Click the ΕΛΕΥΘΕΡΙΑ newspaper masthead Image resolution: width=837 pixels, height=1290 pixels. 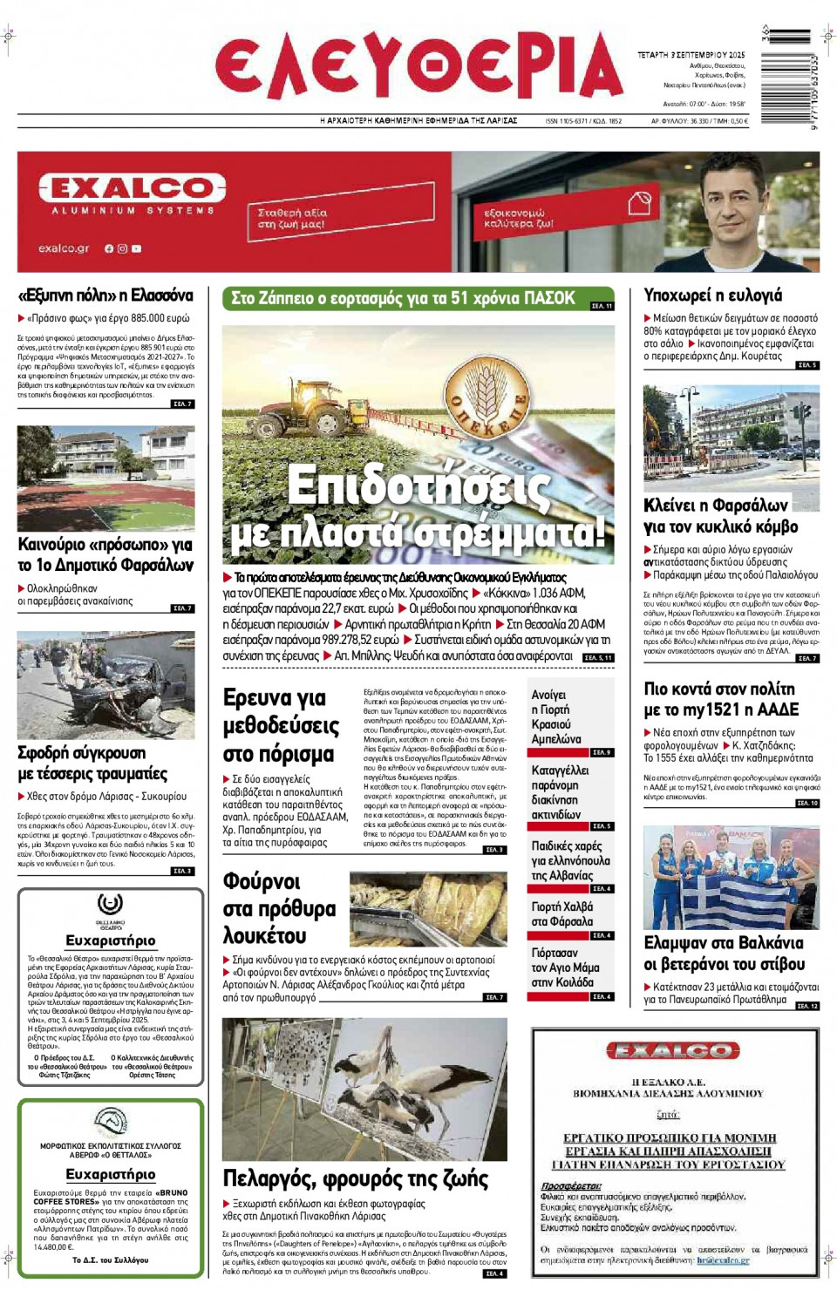coord(418,68)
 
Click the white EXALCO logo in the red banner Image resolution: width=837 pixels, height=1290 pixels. coord(132,188)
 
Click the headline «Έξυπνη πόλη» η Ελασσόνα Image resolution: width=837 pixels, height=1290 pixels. coord(105,295)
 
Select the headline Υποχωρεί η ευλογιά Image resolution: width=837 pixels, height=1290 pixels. coord(712,295)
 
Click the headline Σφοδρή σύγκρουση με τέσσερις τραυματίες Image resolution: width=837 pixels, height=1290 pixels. coord(93,763)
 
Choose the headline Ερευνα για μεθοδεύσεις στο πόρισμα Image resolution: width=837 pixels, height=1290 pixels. coord(281,725)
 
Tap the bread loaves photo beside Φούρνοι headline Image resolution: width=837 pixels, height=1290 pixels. coord(428,909)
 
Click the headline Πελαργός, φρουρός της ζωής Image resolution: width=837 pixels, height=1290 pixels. coord(356,1178)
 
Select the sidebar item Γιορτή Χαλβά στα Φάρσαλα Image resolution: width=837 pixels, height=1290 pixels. coord(562,913)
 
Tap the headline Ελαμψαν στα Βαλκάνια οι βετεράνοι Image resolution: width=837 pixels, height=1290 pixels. coord(724,954)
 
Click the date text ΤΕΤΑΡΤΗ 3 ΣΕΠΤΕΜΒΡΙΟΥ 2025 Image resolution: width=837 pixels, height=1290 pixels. coord(691,55)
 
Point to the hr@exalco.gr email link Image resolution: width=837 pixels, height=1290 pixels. coord(723,1260)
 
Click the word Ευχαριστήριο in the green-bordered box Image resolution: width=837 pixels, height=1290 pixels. coord(111,1174)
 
